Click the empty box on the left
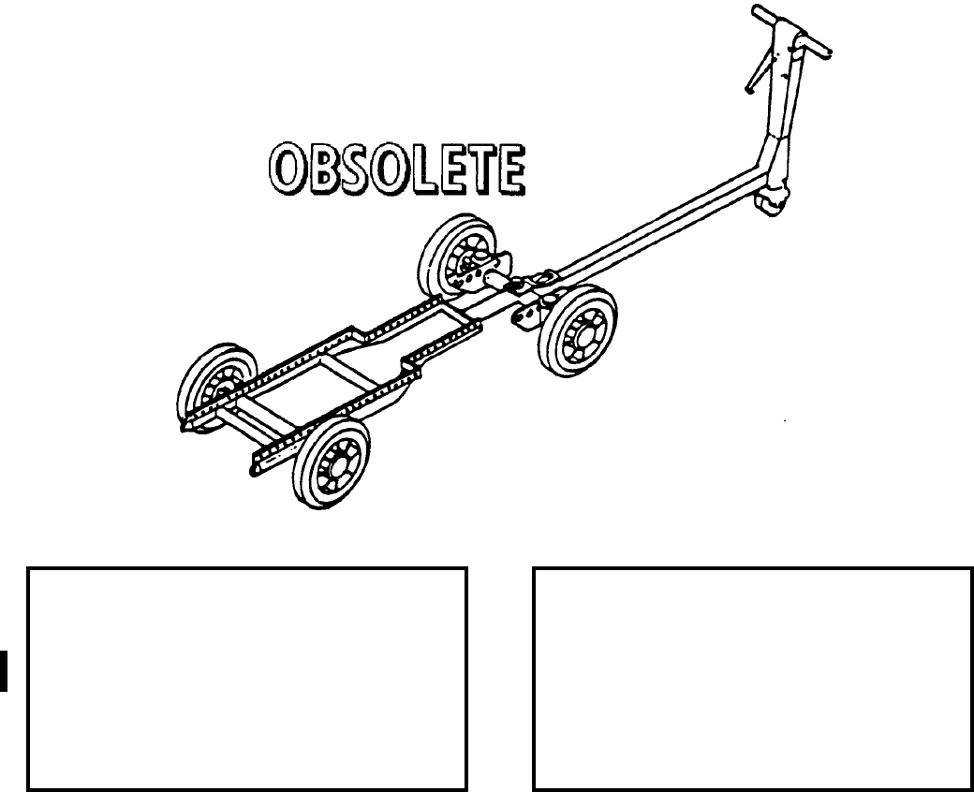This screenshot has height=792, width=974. (x=247, y=678)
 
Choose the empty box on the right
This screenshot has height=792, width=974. (x=753, y=678)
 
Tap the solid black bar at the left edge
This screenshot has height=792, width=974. (x=4, y=670)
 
